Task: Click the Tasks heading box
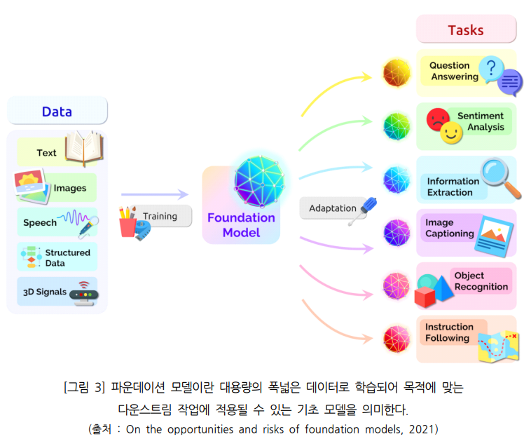(x=466, y=30)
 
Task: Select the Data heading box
(x=57, y=112)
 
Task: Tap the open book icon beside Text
(x=84, y=147)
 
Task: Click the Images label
(x=70, y=188)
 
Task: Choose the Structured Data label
(x=67, y=257)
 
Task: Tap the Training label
(x=160, y=216)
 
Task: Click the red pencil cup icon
(x=127, y=224)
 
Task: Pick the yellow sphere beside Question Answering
(x=396, y=73)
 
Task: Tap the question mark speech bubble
(x=492, y=69)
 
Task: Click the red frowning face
(x=437, y=118)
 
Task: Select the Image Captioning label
(x=449, y=228)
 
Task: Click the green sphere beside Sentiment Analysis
(x=396, y=126)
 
